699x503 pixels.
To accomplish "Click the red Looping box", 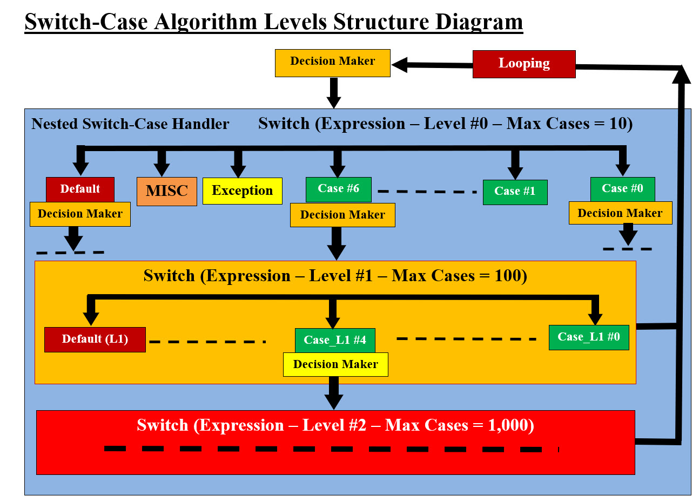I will pos(523,64).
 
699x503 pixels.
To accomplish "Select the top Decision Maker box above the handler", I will pos(332,63).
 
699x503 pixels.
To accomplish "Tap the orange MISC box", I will pos(166,192).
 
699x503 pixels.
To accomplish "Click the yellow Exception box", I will pos(242,191).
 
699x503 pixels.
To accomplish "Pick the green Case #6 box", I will pos(338,189).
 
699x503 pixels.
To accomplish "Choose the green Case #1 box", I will pos(515,192).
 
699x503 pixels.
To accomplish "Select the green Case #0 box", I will pos(622,189).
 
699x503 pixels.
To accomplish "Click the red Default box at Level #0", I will pos(80,189).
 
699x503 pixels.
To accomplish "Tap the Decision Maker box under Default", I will pos(80,214).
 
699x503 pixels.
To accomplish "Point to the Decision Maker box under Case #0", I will pos(620,213).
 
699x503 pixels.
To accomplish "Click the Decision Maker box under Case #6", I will pos(342,215).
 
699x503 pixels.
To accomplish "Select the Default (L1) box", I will pos(95,339).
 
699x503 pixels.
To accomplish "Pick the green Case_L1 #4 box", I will pos(335,340).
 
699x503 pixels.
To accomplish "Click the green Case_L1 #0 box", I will pos(588,337).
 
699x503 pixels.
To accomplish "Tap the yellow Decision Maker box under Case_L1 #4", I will pos(335,364).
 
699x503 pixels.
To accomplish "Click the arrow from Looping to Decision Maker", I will pos(432,65).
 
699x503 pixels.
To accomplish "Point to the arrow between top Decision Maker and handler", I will pos(333,93).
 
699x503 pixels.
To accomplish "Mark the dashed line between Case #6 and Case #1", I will pos(427,192).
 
